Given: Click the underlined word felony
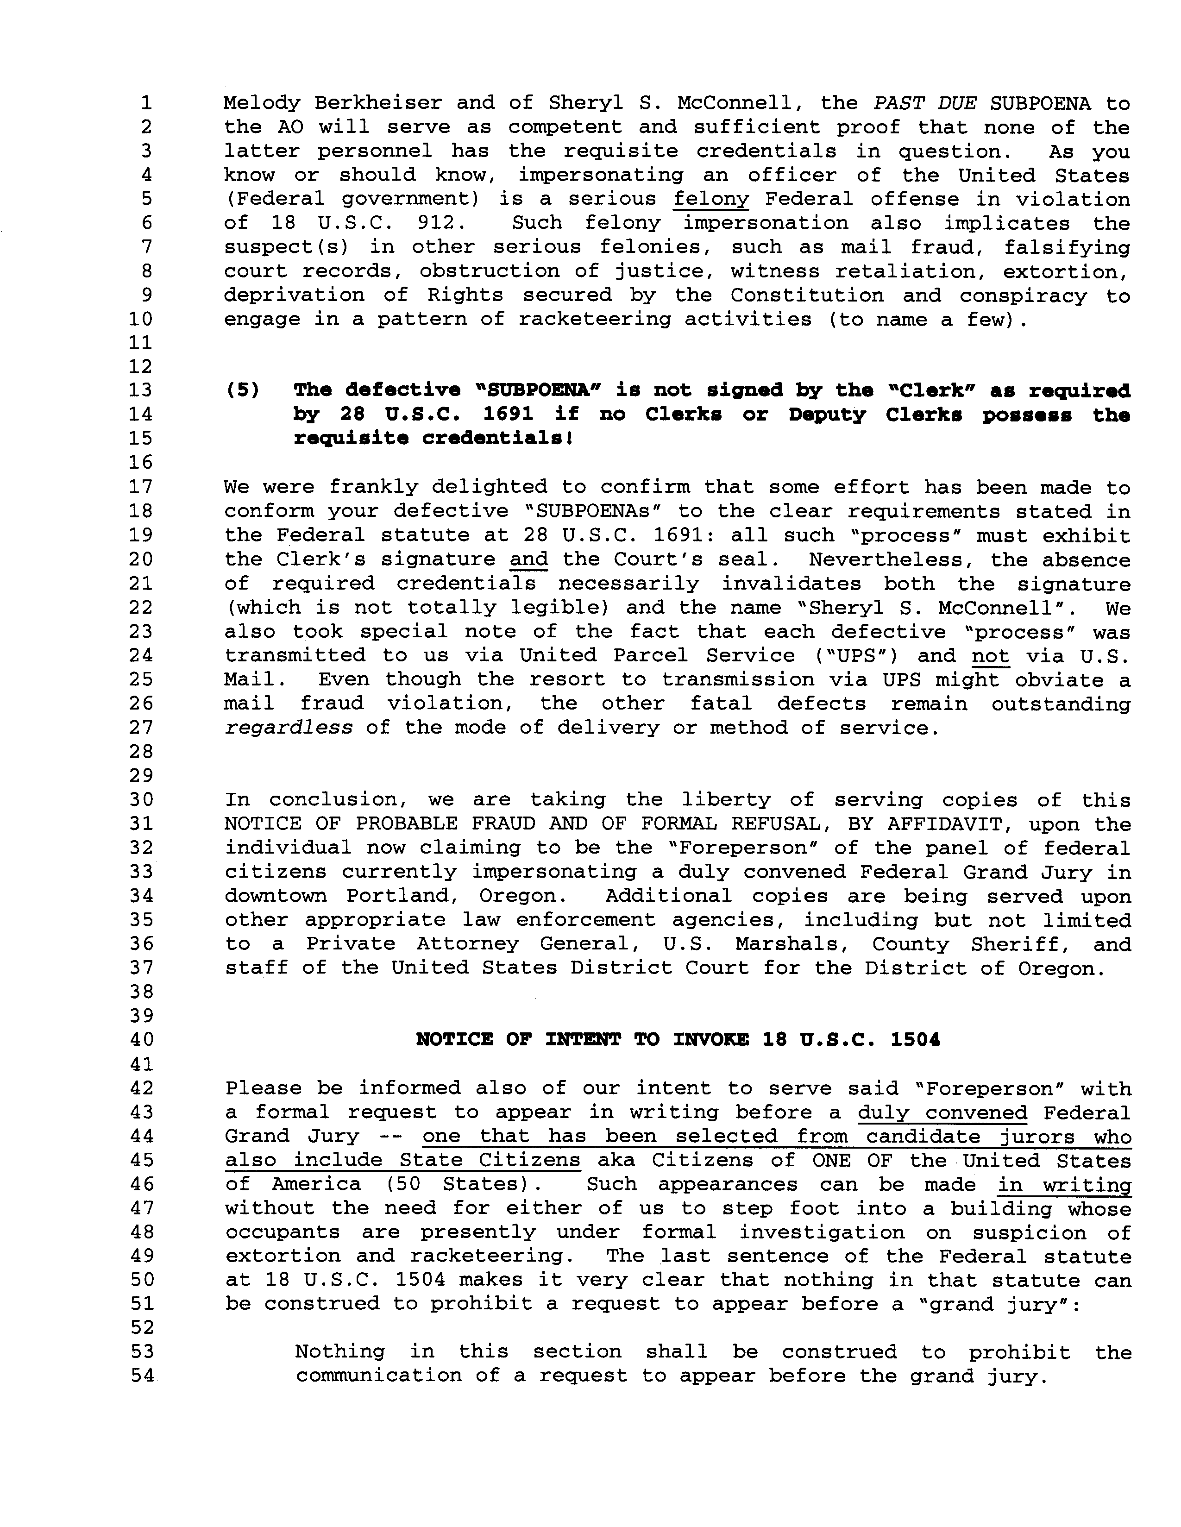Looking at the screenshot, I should tap(710, 199).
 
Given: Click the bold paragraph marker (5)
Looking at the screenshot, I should tap(242, 390).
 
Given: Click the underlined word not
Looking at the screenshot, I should tap(990, 656).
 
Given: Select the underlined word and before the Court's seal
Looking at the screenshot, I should tap(528, 559).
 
